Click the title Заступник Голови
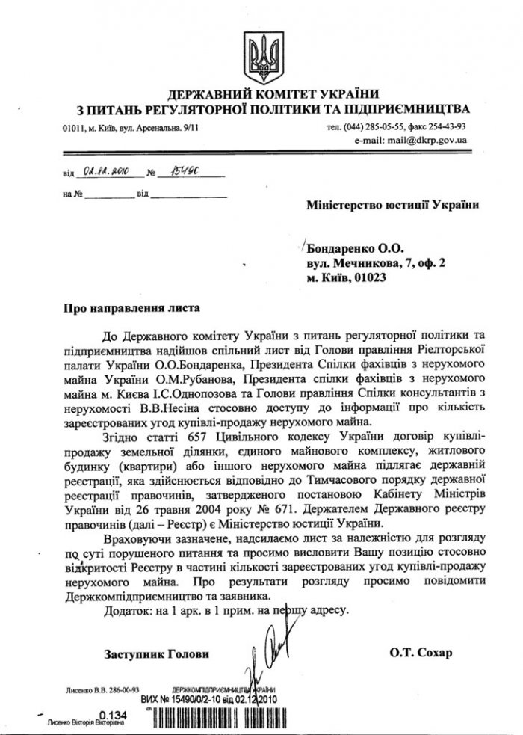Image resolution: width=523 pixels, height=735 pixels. [157, 654]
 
